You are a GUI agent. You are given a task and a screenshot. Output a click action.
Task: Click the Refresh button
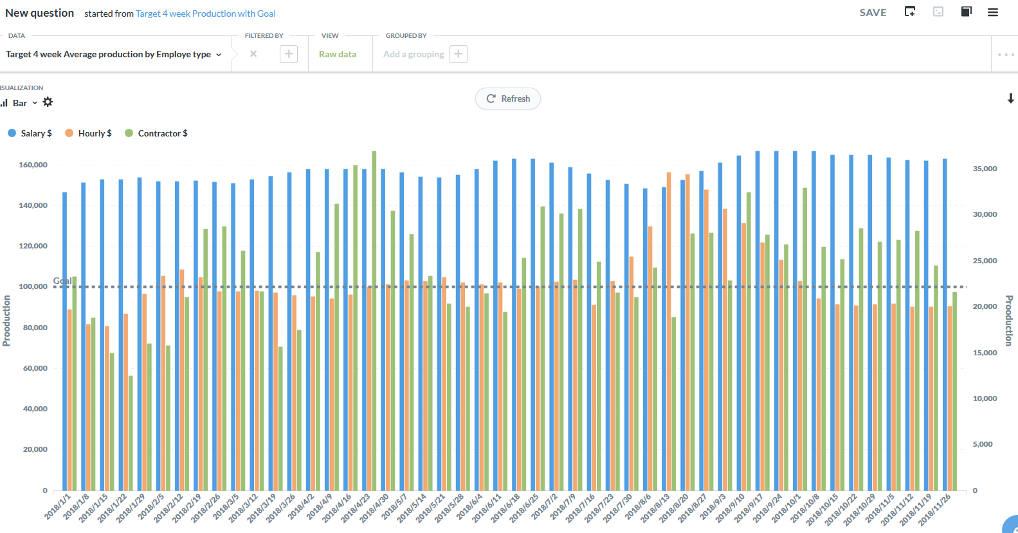point(508,98)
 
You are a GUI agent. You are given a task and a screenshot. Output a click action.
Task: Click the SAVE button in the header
point(873,12)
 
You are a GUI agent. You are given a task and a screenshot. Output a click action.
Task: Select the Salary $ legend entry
point(30,133)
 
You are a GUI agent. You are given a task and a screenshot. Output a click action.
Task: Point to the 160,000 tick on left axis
point(33,165)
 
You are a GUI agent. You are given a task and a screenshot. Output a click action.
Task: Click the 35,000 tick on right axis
point(985,169)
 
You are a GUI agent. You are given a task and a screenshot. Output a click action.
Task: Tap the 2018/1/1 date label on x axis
point(58,507)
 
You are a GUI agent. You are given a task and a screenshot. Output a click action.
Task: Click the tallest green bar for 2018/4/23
point(374,322)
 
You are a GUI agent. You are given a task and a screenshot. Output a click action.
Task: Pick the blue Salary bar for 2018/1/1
point(64,341)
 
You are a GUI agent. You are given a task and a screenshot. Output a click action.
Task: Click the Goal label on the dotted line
point(62,281)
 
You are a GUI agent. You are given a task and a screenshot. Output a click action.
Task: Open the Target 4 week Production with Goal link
point(205,14)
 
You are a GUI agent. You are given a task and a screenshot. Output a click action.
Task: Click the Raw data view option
point(337,54)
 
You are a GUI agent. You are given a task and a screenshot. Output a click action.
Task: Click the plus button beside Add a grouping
point(458,54)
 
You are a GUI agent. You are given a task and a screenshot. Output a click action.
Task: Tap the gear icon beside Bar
point(48,102)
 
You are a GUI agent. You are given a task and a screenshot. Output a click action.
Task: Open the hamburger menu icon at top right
point(993,12)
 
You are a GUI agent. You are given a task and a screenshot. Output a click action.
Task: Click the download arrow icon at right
point(1010,98)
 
